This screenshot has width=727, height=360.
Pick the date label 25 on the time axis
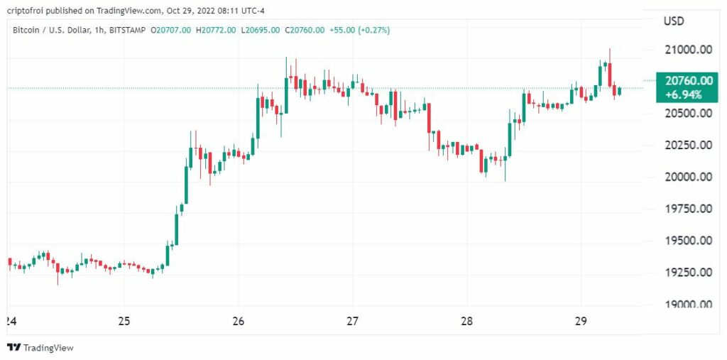[x=124, y=321]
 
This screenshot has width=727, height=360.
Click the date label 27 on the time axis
[x=353, y=321]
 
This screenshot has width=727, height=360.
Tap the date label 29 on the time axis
[x=581, y=321]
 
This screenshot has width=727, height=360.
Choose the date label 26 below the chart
[x=239, y=321]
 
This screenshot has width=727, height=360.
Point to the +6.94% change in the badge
[x=684, y=94]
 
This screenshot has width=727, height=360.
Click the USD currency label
[x=674, y=21]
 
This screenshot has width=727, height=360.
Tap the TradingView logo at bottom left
[x=41, y=347]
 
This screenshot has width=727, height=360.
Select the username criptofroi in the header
[x=28, y=11]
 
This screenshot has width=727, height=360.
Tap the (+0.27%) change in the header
[x=370, y=30]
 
